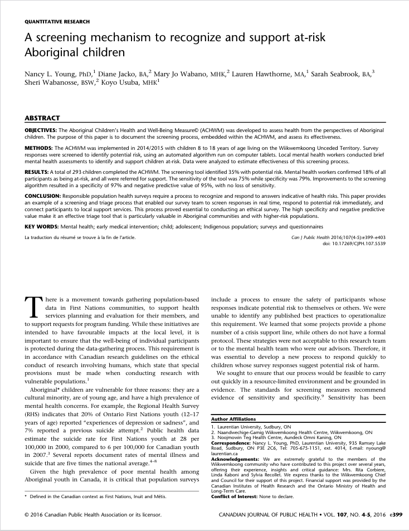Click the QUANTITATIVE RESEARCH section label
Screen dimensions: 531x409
click(57, 21)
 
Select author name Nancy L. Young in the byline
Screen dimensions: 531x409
click(48, 74)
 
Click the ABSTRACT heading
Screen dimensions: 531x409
click(43, 118)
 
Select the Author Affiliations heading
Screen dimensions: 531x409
click(233, 418)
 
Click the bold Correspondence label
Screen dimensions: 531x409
click(232, 442)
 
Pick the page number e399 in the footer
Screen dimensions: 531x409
click(393, 515)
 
